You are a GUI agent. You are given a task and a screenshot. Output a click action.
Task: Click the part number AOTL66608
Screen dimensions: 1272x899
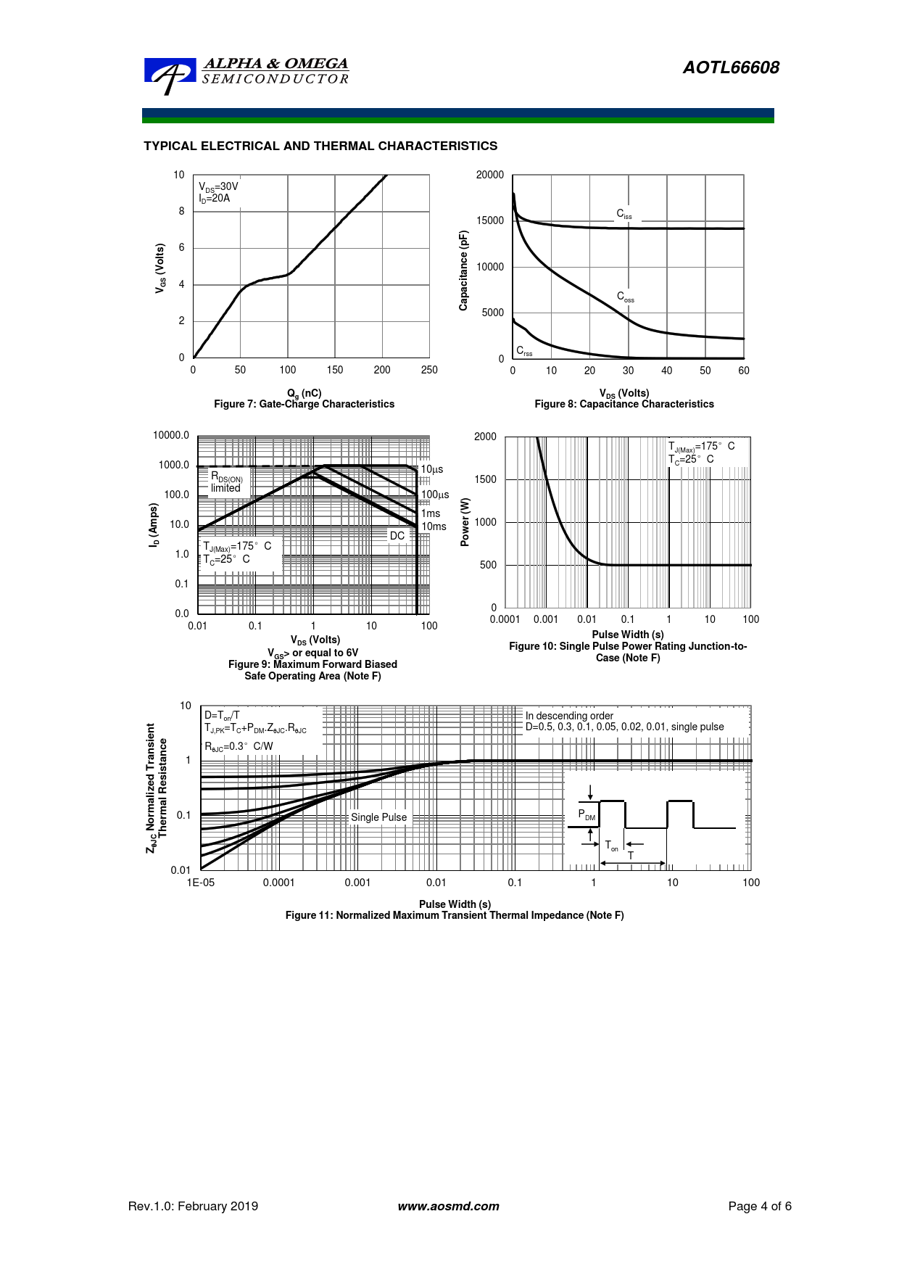[731, 67]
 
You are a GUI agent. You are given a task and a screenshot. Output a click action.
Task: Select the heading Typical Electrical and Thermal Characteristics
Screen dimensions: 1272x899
[320, 146]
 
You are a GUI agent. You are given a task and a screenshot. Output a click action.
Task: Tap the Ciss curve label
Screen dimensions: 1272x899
[624, 214]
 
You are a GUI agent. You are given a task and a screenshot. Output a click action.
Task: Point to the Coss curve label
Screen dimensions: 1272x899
[625, 297]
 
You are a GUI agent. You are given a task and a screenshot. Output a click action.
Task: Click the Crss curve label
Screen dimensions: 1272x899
[523, 351]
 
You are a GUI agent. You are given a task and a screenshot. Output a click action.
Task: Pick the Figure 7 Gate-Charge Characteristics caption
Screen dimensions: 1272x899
[304, 404]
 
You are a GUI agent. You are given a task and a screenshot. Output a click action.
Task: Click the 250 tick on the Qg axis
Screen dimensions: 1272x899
[429, 370]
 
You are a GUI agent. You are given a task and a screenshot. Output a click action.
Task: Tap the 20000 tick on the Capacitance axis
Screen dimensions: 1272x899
[489, 175]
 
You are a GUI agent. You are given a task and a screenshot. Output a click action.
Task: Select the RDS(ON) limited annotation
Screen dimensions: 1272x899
[226, 482]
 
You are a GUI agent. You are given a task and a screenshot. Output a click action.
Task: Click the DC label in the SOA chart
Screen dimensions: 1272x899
[397, 536]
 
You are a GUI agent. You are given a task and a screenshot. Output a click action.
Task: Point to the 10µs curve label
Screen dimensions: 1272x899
[432, 469]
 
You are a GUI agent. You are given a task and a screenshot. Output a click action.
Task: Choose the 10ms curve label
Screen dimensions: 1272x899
[434, 526]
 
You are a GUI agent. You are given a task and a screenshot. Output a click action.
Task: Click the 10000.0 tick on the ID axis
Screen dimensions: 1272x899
[171, 435]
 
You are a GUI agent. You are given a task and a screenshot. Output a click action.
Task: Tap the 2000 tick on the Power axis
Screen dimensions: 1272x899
[485, 437]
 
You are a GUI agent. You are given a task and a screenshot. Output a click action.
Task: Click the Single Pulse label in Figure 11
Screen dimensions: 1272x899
[378, 817]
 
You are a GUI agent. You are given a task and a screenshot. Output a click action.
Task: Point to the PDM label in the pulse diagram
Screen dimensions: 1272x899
[587, 814]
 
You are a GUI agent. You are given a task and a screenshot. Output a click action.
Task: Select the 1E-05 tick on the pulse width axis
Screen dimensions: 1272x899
[201, 883]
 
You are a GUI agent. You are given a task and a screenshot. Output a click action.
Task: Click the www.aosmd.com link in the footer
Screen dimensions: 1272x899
[448, 1207]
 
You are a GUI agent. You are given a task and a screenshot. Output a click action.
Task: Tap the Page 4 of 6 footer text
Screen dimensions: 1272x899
[759, 1207]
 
